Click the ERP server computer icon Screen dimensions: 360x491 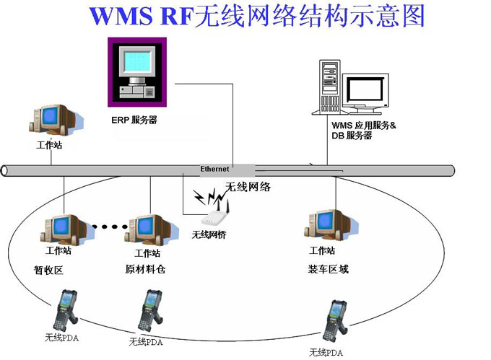pos(137,73)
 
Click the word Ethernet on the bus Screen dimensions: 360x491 pos(214,169)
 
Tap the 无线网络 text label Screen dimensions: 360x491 pos(248,188)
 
